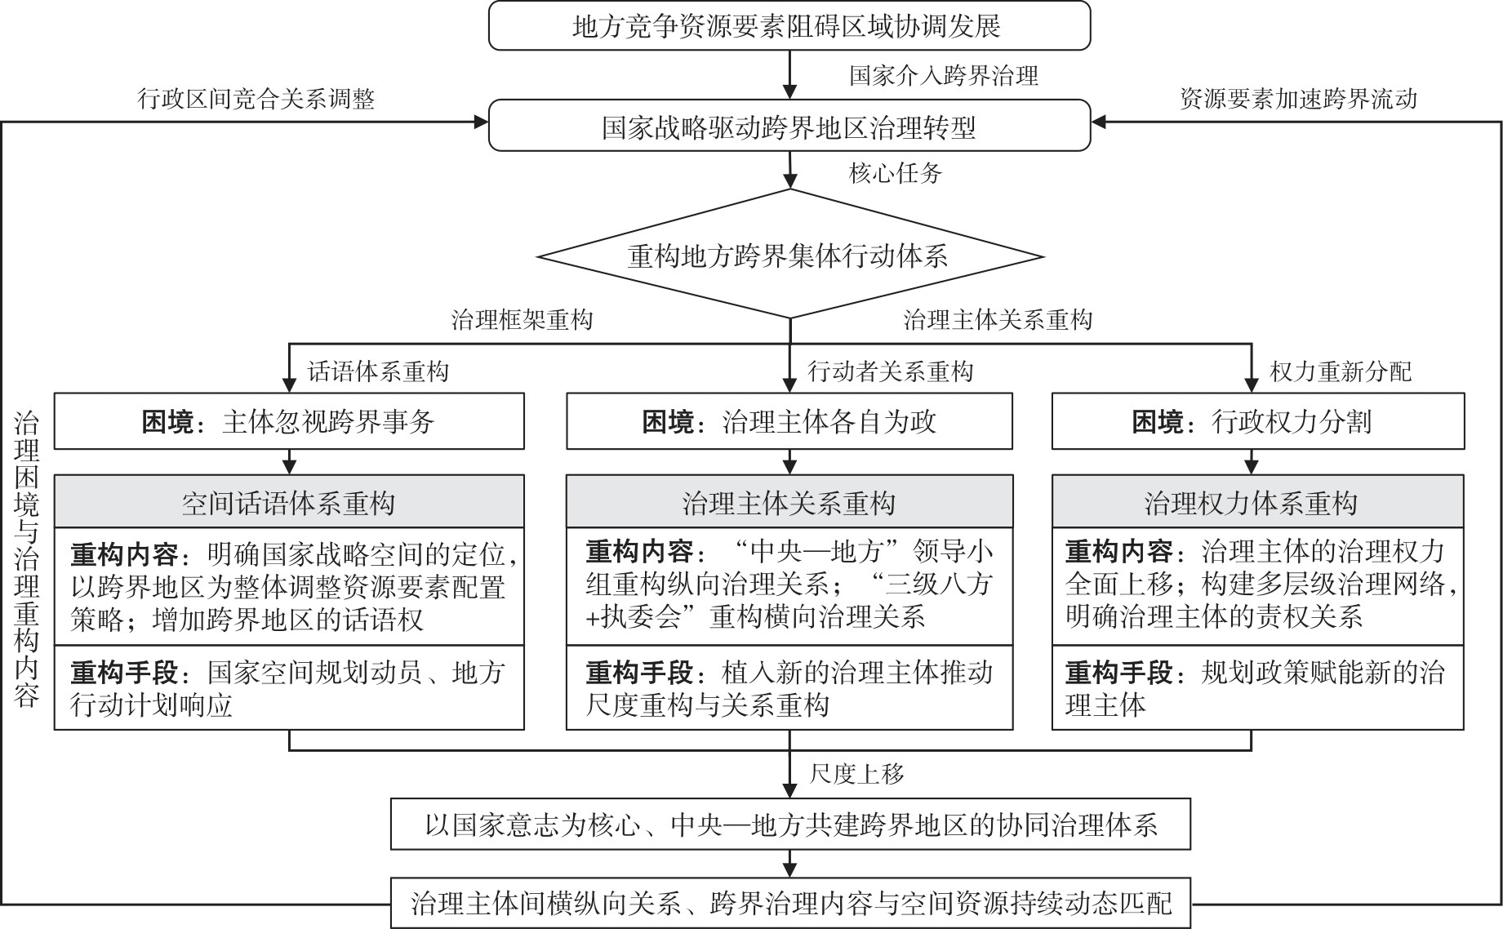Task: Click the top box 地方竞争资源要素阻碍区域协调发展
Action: click(x=789, y=26)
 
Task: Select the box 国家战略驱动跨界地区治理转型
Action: click(x=789, y=127)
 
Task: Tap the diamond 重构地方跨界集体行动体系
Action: click(x=789, y=256)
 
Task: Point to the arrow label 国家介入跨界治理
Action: click(x=943, y=76)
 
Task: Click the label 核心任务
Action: click(x=896, y=172)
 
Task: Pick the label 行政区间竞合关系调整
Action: click(x=256, y=99)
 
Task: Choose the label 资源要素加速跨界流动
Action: click(x=1298, y=99)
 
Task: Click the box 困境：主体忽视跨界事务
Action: click(x=289, y=422)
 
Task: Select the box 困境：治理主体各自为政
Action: click(x=789, y=422)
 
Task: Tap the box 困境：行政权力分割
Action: click(x=1257, y=422)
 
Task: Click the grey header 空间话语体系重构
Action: click(x=289, y=502)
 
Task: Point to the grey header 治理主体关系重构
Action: click(x=789, y=502)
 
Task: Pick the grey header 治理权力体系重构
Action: click(x=1257, y=502)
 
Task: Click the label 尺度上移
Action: click(x=856, y=773)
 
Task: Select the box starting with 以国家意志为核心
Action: click(x=789, y=825)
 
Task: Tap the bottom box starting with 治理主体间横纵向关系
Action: click(x=789, y=903)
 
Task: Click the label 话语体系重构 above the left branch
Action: click(x=378, y=372)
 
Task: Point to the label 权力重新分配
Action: click(x=1341, y=372)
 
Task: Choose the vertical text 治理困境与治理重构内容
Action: click(x=26, y=560)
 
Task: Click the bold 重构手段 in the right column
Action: click(x=1118, y=673)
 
